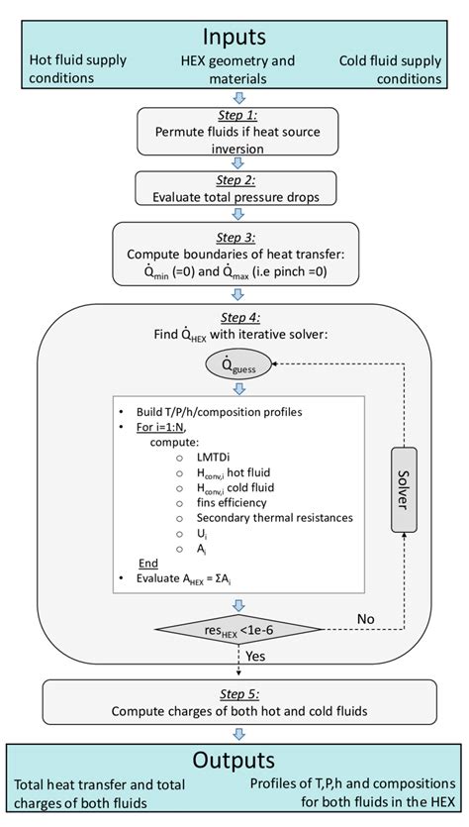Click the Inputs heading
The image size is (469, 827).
click(234, 37)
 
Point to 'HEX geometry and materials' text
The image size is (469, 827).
click(235, 68)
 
